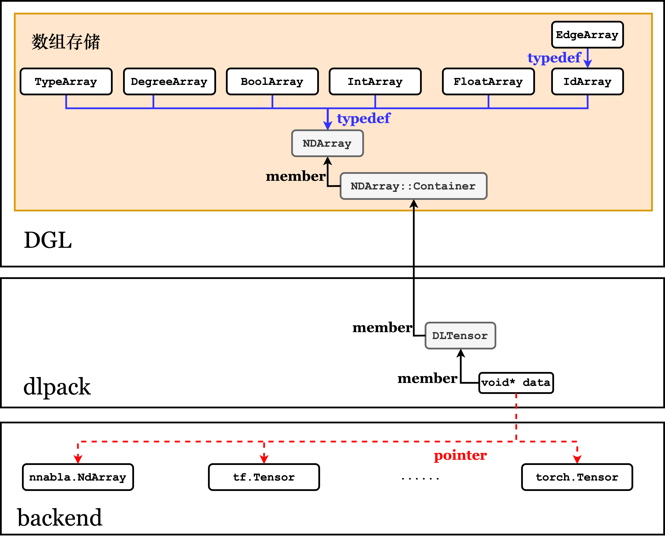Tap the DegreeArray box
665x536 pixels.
click(x=169, y=81)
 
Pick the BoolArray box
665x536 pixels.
click(x=272, y=81)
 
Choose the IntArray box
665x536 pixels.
click(x=375, y=81)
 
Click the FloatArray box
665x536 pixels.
click(x=488, y=81)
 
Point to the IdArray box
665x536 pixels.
click(x=587, y=81)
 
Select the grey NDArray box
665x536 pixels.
click(x=327, y=143)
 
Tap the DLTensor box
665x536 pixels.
click(x=460, y=336)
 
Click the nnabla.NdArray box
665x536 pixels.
click(x=78, y=477)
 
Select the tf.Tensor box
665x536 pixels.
click(x=264, y=477)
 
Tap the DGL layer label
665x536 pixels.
click(x=48, y=240)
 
